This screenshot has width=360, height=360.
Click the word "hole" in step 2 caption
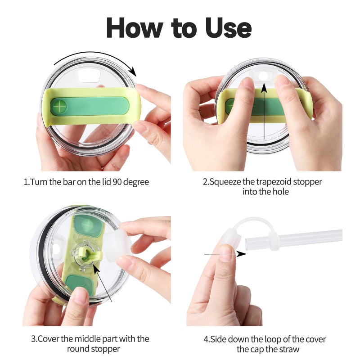[x=281, y=192]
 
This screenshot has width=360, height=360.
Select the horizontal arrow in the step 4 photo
[x=225, y=254]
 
